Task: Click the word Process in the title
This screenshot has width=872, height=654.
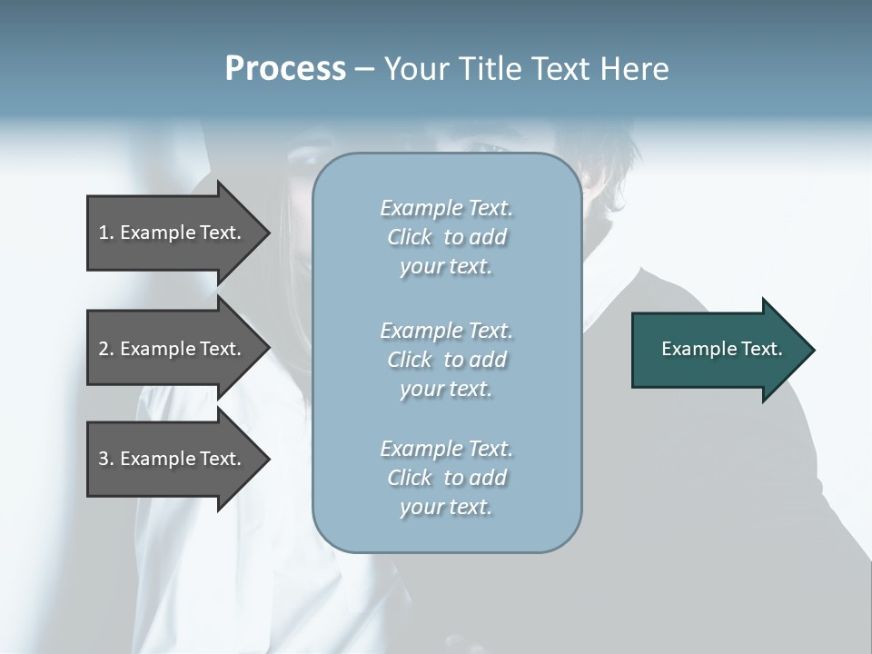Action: [x=285, y=69]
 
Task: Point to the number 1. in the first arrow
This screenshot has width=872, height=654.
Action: [x=106, y=233]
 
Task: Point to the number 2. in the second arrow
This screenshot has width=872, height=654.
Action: [x=106, y=349]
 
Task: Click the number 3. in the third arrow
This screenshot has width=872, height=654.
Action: [x=106, y=459]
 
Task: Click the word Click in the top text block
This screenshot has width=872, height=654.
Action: [x=410, y=237]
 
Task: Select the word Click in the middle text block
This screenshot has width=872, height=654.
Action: [x=410, y=360]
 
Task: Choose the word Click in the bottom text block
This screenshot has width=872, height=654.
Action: [x=410, y=478]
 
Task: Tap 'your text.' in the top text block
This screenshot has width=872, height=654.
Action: [x=446, y=267]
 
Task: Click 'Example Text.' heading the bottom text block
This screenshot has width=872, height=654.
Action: [x=446, y=449]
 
